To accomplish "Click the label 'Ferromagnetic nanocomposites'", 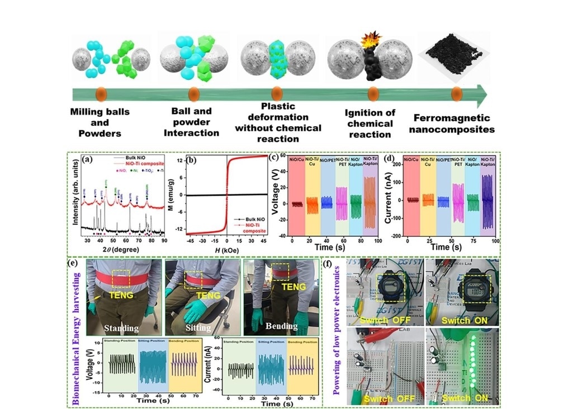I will tap(452, 123).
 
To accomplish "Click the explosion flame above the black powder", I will tap(371, 39).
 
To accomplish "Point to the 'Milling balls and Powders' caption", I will tap(100, 122).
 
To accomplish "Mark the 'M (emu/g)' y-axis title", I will tap(178, 194).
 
